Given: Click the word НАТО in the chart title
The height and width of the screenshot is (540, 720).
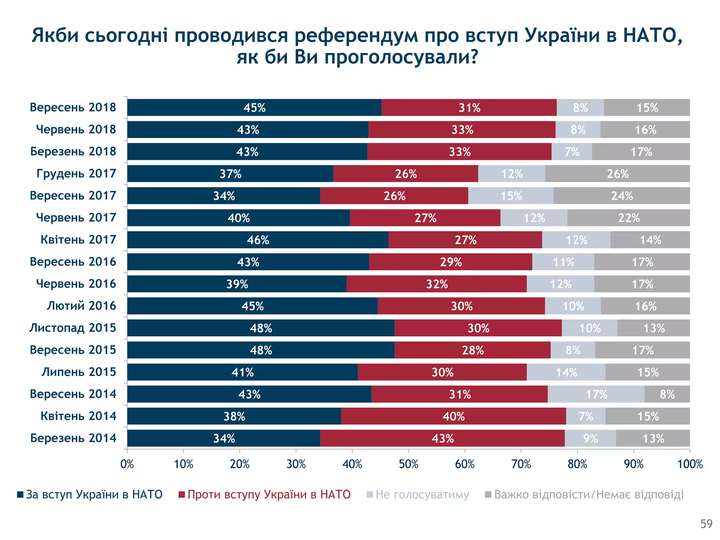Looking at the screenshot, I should pos(650,36).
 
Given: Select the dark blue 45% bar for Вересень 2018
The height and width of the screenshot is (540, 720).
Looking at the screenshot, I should pos(254,108).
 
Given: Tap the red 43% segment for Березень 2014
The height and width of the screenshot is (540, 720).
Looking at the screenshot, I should pos(442,438).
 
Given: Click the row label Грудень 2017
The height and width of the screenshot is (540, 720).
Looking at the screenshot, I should pos(76,174).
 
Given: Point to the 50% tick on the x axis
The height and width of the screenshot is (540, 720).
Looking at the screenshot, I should pos(409,464).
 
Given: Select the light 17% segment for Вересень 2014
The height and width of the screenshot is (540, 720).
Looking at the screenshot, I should pos(596,394).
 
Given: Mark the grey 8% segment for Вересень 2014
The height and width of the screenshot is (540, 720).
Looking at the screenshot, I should pos(667,394).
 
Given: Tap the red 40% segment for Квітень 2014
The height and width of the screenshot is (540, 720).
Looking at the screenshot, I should pos(453,416).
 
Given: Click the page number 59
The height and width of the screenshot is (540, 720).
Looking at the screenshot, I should pos(706,524).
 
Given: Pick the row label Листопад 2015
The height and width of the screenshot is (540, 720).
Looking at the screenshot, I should pos(72,328).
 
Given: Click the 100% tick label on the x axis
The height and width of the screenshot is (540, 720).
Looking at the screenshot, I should pos(690,464).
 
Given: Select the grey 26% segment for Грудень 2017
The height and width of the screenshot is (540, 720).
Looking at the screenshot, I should pos(617,174).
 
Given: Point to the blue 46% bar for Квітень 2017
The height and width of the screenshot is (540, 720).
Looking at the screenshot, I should pos(258,240).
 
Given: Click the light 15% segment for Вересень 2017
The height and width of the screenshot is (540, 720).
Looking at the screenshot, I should pos(511,196).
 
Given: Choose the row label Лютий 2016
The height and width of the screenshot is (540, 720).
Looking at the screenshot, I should pos(81,306).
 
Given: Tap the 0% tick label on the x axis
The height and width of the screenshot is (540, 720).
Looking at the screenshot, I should pos(127,464).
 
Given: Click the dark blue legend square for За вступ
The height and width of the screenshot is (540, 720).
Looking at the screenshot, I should pos(20,495).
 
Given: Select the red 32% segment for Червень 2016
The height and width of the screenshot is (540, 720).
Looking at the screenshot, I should pos(437,284).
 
